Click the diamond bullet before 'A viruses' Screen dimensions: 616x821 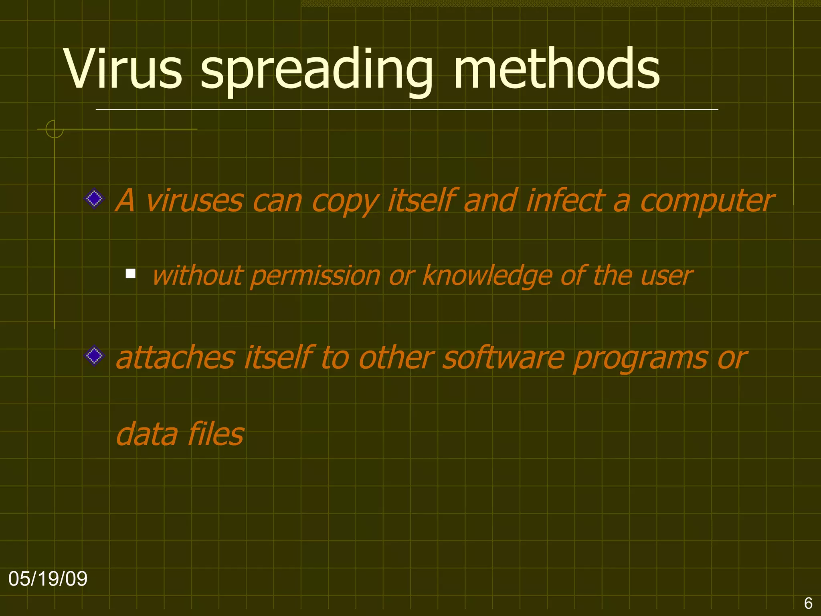click(x=95, y=199)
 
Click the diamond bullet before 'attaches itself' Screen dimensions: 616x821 click(x=95, y=356)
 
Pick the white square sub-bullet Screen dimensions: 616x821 click(x=130, y=274)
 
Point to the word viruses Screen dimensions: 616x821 click(x=194, y=200)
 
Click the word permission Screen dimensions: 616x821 click(x=315, y=276)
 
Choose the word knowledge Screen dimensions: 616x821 click(x=487, y=276)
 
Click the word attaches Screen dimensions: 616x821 click(x=175, y=357)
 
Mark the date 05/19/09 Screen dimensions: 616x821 click(x=48, y=579)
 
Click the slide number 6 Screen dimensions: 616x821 click(x=808, y=603)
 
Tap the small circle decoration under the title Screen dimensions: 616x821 click(x=55, y=129)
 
